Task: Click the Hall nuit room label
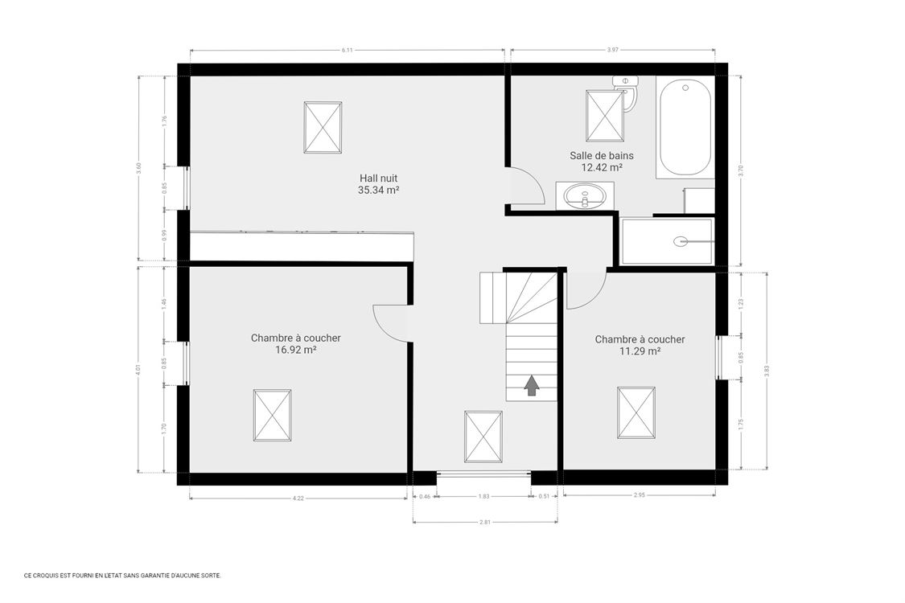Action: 378,178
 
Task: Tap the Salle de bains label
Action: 602,156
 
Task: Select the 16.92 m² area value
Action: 295,350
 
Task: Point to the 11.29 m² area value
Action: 640,351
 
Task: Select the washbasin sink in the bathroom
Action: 585,195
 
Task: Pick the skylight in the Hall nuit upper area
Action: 323,127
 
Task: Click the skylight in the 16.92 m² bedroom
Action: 273,414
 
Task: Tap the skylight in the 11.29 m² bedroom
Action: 636,412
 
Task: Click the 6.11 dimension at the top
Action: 347,51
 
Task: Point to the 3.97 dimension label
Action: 613,51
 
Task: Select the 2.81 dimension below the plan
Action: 484,523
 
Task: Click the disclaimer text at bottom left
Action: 122,576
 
